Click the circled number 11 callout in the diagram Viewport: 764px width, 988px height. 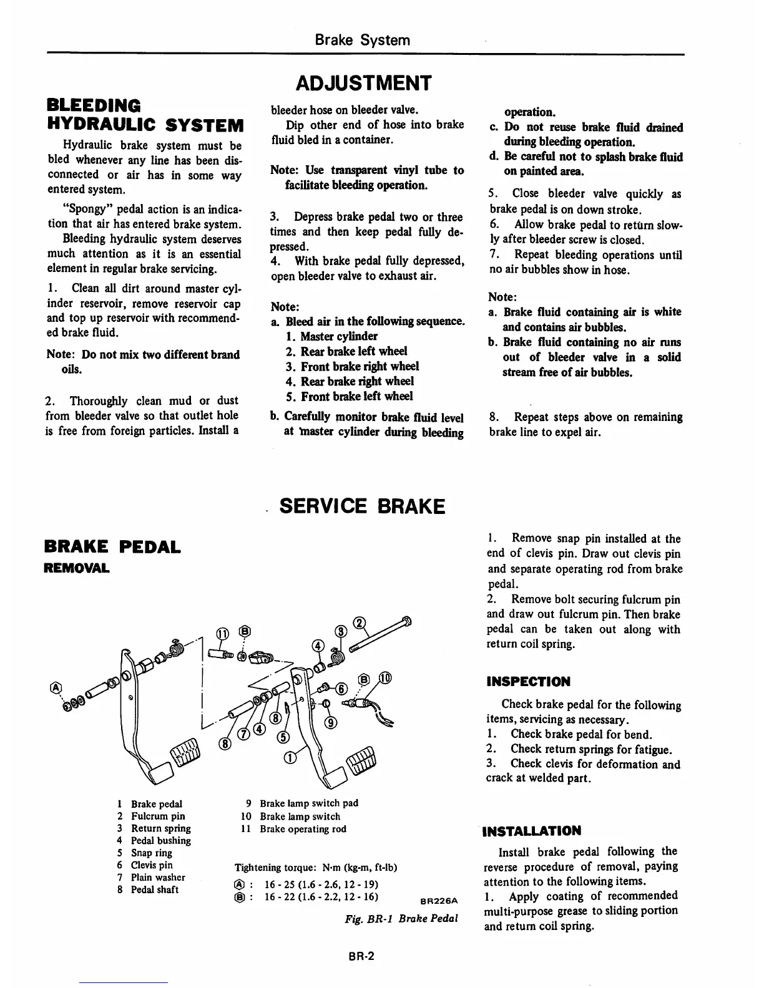[x=222, y=634]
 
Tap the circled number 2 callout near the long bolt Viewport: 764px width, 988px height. [x=359, y=622]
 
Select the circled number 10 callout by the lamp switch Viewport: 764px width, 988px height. [x=385, y=679]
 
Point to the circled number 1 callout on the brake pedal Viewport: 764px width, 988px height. [x=289, y=758]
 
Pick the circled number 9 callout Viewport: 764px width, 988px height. [x=332, y=723]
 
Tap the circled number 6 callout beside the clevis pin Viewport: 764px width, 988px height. [x=342, y=689]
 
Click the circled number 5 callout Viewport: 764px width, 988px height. [x=282, y=737]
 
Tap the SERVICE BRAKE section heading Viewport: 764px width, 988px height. [x=362, y=506]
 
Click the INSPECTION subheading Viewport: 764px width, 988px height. [x=528, y=682]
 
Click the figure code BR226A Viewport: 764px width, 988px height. [x=439, y=901]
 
